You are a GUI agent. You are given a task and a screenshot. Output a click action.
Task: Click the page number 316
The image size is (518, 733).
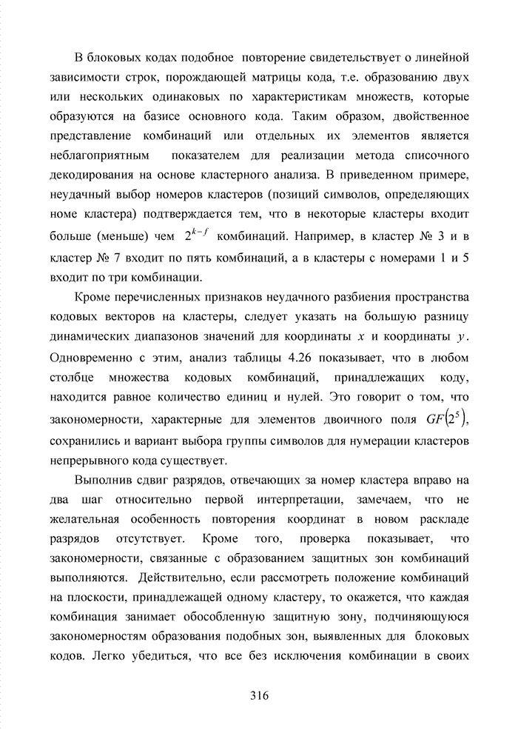[259, 695]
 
